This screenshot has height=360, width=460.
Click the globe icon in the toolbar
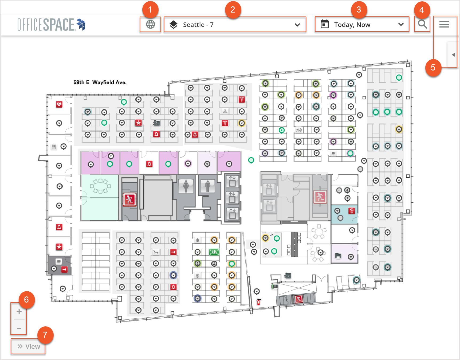[x=151, y=24]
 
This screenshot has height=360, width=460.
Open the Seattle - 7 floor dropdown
[x=235, y=25]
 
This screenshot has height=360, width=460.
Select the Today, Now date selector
[x=362, y=24]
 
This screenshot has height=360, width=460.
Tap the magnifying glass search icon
[x=422, y=24]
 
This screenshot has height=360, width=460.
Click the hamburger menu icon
[x=444, y=24]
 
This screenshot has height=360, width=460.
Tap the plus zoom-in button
[x=19, y=311]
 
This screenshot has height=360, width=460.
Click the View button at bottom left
[x=28, y=346]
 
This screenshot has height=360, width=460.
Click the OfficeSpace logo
[x=52, y=25]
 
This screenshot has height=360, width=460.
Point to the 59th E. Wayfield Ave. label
[x=100, y=82]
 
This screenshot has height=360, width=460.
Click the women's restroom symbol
[x=186, y=186]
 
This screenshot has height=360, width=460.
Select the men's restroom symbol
[x=208, y=186]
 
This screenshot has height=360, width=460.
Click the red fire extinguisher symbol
[x=258, y=302]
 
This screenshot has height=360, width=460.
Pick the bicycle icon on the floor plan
[x=299, y=130]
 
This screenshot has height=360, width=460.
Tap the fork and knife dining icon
[x=54, y=147]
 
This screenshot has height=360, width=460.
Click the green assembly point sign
[x=214, y=252]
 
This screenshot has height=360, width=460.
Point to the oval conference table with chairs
[x=100, y=186]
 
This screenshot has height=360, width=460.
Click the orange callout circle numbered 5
[x=433, y=68]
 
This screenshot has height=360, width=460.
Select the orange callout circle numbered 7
[x=45, y=335]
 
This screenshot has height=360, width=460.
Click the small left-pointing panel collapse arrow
[x=453, y=55]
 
